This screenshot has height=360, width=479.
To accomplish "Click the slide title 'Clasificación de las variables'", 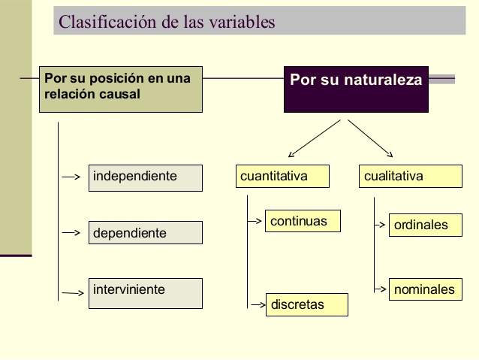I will pyautogui.click(x=167, y=22).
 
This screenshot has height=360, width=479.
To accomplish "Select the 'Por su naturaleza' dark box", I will pyautogui.click(x=356, y=90).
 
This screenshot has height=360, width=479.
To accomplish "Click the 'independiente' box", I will pyautogui.click(x=146, y=177).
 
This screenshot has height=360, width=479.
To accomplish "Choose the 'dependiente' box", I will pyautogui.click(x=146, y=233).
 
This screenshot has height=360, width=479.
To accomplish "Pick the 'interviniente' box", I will pyautogui.click(x=146, y=293).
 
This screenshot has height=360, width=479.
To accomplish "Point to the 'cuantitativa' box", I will pyautogui.click(x=282, y=177).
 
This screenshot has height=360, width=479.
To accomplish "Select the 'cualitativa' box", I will pyautogui.click(x=410, y=177).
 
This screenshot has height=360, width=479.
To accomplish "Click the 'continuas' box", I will pyautogui.click(x=303, y=221).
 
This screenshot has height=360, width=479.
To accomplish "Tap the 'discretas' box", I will pyautogui.click(x=306, y=304).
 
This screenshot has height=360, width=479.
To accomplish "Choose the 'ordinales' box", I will pyautogui.click(x=425, y=225).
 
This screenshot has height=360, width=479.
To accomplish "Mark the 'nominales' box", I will pyautogui.click(x=425, y=289).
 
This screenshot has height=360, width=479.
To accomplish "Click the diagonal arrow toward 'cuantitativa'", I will pyautogui.click(x=311, y=139).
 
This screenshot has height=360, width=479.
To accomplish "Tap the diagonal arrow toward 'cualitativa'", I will pyautogui.click(x=372, y=139).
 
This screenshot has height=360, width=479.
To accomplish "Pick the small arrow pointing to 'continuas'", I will pyautogui.click(x=257, y=221).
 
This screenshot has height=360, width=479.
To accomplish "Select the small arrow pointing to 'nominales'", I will pyautogui.click(x=381, y=289).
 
